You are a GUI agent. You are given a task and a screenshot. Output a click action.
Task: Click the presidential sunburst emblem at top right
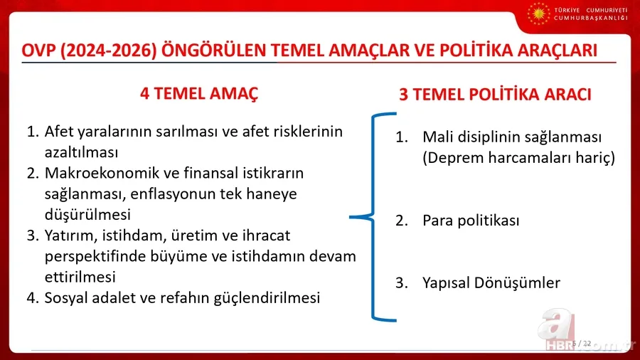click(539, 14)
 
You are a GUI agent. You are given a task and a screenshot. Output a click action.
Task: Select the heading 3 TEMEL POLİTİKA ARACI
click(495, 95)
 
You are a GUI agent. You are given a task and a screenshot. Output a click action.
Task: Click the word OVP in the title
click(41, 51)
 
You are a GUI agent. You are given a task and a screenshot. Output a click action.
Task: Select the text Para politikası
click(471, 221)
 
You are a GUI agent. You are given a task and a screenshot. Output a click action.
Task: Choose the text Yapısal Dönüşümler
click(491, 282)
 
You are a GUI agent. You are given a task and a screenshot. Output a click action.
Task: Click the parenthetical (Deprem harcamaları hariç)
click(518, 157)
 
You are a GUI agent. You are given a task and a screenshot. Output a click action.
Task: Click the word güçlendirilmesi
click(267, 297)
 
